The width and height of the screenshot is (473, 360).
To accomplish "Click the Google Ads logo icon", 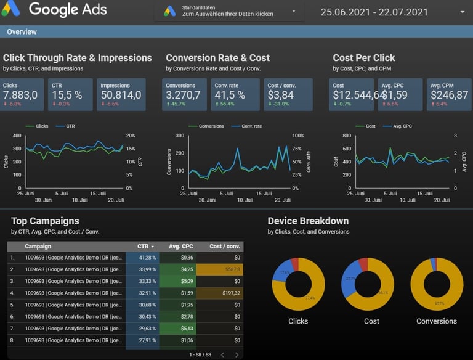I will point(10,9).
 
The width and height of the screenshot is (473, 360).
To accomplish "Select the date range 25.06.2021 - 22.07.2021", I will point(374,12).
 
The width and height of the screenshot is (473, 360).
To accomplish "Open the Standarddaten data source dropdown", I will point(229,11).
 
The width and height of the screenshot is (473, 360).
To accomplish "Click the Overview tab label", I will point(22,31).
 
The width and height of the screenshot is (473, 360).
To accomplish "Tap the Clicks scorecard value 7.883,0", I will point(20,95).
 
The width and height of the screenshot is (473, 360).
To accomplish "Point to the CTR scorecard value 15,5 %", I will point(67,95).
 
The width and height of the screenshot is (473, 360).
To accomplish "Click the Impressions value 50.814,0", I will point(121,95).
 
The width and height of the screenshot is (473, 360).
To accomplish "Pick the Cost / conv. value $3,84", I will point(280,95).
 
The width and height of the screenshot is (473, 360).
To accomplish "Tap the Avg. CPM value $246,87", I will point(449,95).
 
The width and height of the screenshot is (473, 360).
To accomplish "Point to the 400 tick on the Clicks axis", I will point(17,136).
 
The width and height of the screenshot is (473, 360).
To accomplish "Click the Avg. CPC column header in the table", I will point(182,246).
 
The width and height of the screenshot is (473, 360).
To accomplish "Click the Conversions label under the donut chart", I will point(437,321).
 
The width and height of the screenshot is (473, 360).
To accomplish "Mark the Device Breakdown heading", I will point(308,221).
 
